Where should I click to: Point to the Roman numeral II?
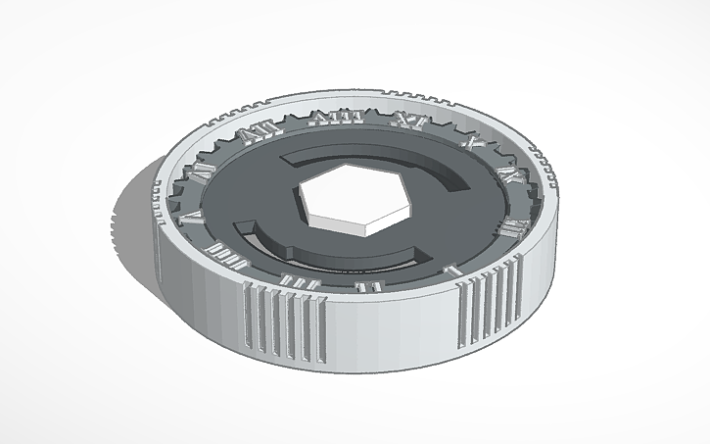[x=369, y=286]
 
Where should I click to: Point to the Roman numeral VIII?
[x=324, y=119]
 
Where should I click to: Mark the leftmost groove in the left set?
[x=245, y=315]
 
